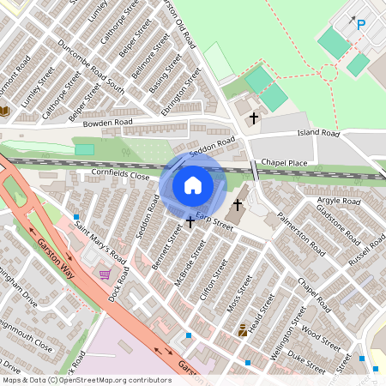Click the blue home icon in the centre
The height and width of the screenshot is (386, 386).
point(193,184)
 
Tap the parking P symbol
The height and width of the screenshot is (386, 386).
point(360,25)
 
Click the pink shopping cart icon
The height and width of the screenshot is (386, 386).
point(105,274)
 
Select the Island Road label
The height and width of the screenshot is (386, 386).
point(318,134)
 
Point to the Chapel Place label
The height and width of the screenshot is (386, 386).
point(284,161)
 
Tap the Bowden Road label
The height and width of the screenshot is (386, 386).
point(106,124)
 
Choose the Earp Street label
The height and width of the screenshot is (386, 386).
point(214,220)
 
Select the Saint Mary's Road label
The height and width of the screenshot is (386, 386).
point(100,244)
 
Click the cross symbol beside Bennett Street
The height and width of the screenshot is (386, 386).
point(190,222)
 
